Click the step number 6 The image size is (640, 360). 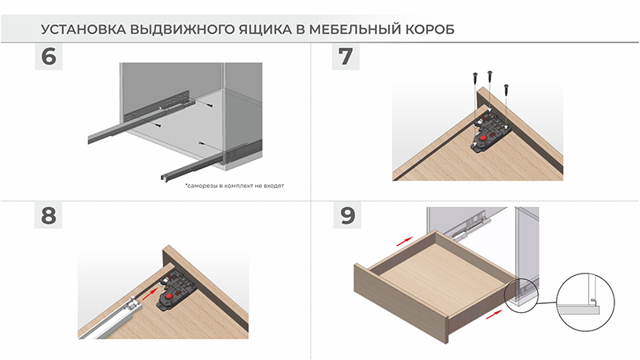pyautogui.click(x=49, y=56)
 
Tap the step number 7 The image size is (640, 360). pyautogui.click(x=346, y=56)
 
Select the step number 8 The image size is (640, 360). pyautogui.click(x=48, y=215)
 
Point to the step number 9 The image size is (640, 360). pyautogui.click(x=347, y=215)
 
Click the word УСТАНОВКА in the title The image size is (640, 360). pyautogui.click(x=83, y=30)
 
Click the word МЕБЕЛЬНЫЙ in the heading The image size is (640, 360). pyautogui.click(x=354, y=30)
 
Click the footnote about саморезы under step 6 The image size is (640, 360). pyautogui.click(x=234, y=186)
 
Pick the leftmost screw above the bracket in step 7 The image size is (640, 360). pyautogui.click(x=474, y=78)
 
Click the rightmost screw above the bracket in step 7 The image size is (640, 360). pyautogui.click(x=506, y=90)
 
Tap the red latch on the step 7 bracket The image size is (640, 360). pyautogui.click(x=483, y=138)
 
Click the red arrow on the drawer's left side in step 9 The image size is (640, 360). pyautogui.click(x=405, y=242)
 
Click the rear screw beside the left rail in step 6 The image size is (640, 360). pyautogui.click(x=210, y=106)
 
